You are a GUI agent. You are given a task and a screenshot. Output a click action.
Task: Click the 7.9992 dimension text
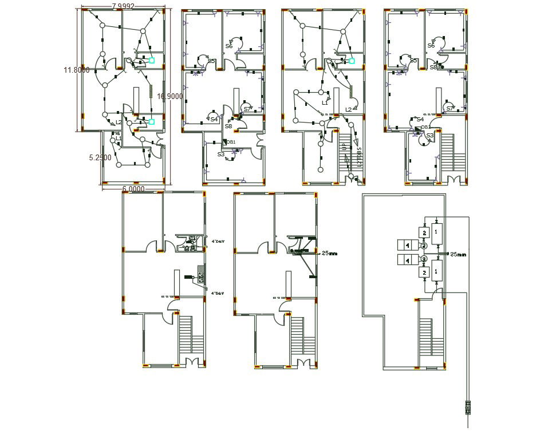pyautogui.click(x=123, y=6)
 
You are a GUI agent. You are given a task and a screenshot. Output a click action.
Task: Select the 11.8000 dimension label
pyautogui.click(x=76, y=70)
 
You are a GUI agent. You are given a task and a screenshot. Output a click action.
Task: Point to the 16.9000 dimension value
pyautogui.click(x=169, y=97)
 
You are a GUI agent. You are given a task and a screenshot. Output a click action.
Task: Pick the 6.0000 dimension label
pyautogui.click(x=133, y=189)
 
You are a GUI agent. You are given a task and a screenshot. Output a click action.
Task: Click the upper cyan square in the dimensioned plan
pyautogui.click(x=152, y=60)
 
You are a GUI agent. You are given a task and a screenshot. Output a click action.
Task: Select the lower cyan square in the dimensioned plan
pyautogui.click(x=152, y=121)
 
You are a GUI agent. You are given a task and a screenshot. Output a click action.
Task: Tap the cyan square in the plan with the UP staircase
pyautogui.click(x=352, y=60)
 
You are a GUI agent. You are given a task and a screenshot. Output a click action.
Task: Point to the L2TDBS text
pyautogui.click(x=360, y=158)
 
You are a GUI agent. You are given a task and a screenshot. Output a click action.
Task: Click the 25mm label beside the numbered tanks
pyautogui.click(x=459, y=254)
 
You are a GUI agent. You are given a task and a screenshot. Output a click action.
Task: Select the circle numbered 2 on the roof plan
pyautogui.click(x=424, y=246)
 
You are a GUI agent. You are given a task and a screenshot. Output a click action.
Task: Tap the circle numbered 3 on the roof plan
pyautogui.click(x=424, y=259)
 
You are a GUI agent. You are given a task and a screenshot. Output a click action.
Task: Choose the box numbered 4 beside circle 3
pyautogui.click(x=407, y=260)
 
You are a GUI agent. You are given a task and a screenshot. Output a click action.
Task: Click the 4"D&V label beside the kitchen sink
pyautogui.click(x=218, y=292)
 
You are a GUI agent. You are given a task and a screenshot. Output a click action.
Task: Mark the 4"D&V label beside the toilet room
pyautogui.click(x=218, y=242)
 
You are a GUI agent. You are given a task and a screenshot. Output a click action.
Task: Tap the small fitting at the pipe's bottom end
pyautogui.click(x=468, y=408)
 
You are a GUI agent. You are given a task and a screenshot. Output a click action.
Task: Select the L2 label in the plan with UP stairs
pyautogui.click(x=348, y=109)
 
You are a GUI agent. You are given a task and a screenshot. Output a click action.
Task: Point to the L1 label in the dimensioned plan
pyautogui.click(x=119, y=138)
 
